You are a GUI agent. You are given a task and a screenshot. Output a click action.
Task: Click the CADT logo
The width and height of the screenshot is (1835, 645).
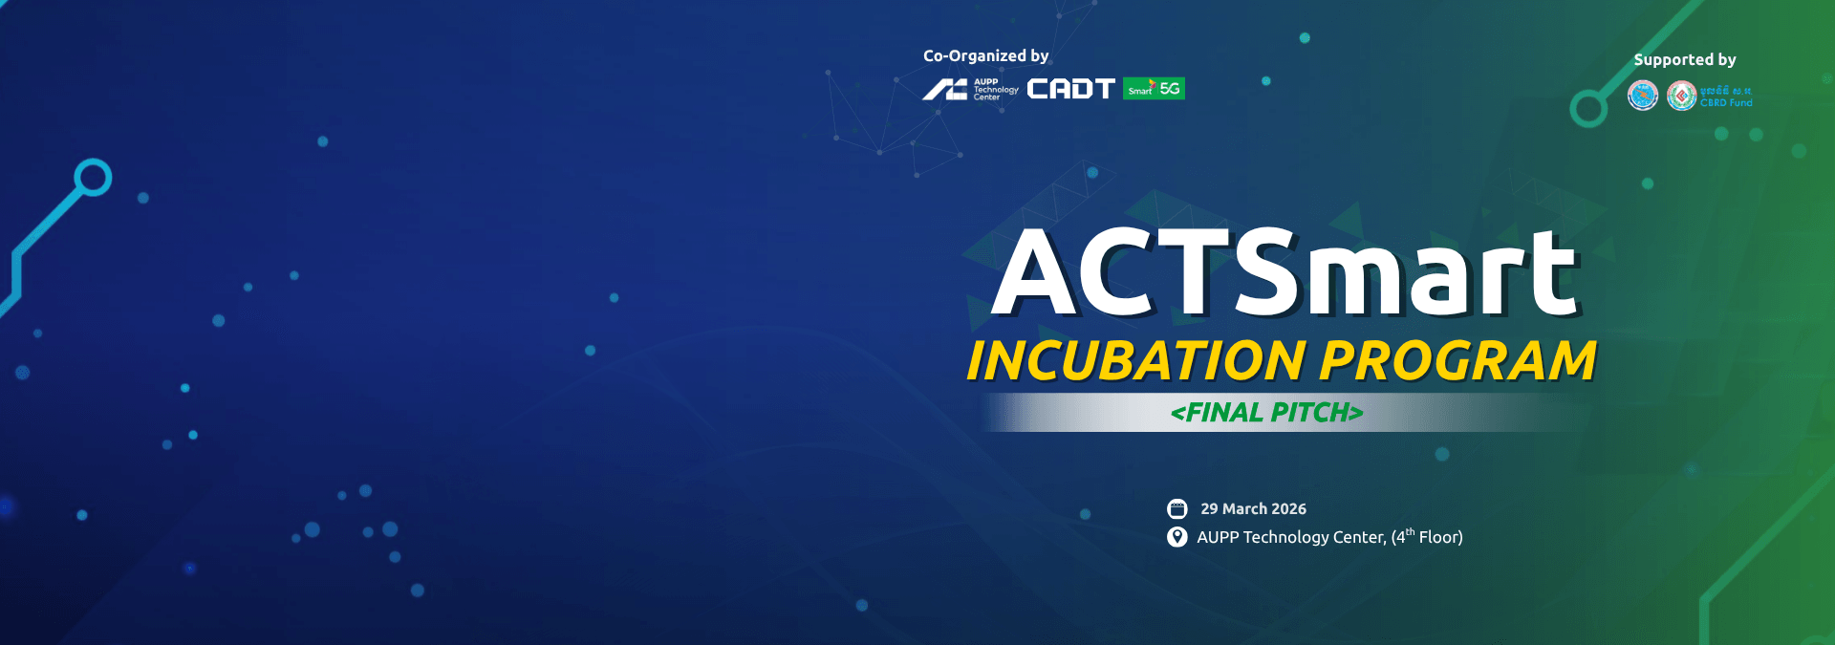click(x=1070, y=89)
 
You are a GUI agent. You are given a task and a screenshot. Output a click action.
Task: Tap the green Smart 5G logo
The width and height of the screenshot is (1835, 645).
click(x=1154, y=89)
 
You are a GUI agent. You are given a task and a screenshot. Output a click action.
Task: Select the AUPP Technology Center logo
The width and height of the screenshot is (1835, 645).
click(x=970, y=90)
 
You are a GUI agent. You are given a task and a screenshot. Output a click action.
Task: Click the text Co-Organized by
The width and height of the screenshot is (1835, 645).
click(x=985, y=56)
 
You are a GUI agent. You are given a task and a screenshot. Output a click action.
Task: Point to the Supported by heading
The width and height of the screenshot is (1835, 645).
click(x=1684, y=60)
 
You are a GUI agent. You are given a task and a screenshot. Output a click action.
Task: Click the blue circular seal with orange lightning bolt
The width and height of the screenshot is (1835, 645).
click(x=1642, y=96)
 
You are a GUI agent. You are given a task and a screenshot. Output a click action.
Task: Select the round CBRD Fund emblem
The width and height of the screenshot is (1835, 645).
click(x=1681, y=96)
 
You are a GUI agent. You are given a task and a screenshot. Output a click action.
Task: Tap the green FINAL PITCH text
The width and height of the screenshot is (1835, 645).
click(x=1266, y=413)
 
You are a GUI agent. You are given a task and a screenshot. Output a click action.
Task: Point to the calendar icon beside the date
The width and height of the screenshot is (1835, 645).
click(x=1177, y=508)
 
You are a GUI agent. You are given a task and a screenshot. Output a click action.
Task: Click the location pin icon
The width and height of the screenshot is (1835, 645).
click(x=1177, y=537)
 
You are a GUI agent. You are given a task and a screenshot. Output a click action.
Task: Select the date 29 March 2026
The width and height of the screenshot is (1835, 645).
click(x=1253, y=509)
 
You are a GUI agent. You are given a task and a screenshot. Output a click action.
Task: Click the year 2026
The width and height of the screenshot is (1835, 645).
click(x=1288, y=509)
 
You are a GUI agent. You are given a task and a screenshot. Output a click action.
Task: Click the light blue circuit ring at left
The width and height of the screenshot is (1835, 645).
click(x=93, y=178)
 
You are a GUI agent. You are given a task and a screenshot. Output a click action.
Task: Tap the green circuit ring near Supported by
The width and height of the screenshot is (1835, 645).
click(x=1588, y=109)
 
